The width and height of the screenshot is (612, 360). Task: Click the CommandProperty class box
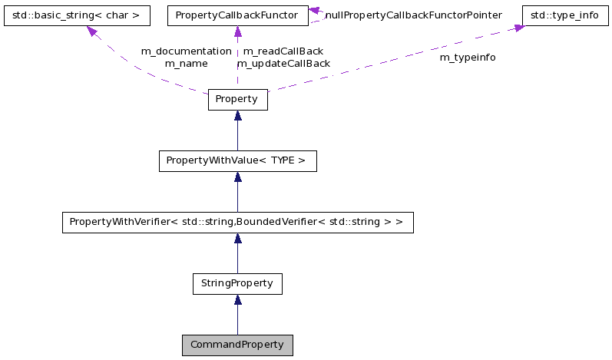[237, 345]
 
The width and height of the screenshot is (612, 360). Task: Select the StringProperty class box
[237, 283]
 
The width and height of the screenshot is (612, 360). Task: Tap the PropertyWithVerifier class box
[237, 223]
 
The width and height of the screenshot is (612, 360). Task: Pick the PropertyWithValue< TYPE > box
[237, 161]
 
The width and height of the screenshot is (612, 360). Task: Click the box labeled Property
[237, 100]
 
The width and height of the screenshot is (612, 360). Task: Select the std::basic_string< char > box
[75, 15]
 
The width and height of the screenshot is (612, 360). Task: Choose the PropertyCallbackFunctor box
[237, 15]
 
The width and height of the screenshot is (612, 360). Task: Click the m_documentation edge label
[186, 51]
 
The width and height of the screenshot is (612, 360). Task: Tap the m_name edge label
[186, 63]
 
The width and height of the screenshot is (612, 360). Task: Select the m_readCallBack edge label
[283, 51]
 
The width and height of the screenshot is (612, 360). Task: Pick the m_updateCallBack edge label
[283, 63]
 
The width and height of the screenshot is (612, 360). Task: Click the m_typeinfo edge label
[467, 58]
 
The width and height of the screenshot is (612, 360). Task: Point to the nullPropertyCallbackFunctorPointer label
[413, 15]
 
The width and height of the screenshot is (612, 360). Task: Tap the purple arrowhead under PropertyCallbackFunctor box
[237, 31]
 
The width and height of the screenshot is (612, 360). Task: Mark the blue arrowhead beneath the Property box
[237, 116]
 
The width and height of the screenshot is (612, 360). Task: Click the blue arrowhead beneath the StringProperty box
[237, 300]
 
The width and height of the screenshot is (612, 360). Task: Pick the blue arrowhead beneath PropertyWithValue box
[237, 177]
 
